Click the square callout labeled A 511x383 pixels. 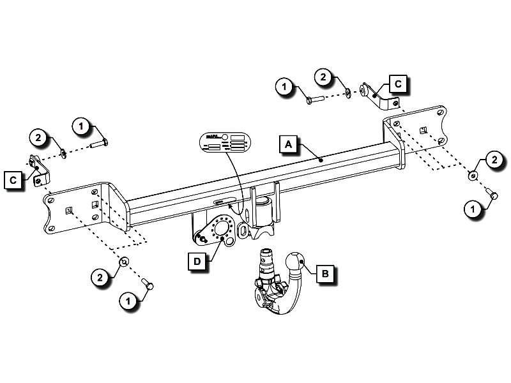289,145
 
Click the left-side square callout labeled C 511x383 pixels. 13,181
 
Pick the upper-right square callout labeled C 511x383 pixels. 397,84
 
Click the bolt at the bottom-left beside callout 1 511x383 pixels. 148,287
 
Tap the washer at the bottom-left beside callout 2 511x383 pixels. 125,262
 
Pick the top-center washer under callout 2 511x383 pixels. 347,93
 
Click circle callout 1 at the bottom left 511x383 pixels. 128,299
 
